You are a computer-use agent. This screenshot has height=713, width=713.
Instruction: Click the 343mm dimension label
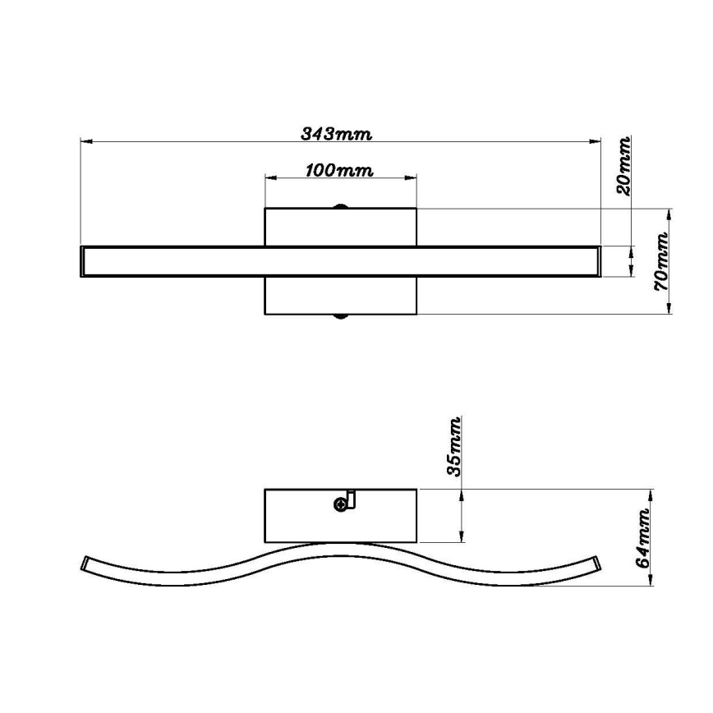pos(336,134)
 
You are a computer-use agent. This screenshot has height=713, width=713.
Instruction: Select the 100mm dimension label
pos(339,171)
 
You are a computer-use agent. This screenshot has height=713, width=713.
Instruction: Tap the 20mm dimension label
pos(623,166)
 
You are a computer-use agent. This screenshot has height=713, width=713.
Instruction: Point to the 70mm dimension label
pos(660,261)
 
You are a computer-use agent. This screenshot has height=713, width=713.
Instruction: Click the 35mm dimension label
pos(454,446)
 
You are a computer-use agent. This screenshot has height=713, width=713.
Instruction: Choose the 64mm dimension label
pos(642,538)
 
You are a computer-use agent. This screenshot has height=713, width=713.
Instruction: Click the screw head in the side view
pos(340,504)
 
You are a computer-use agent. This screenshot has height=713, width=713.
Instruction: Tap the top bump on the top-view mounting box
pos(340,206)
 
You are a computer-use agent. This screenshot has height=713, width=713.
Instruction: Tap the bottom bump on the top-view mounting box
pos(340,316)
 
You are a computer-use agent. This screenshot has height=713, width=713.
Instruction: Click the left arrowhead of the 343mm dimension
pos(86,141)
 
